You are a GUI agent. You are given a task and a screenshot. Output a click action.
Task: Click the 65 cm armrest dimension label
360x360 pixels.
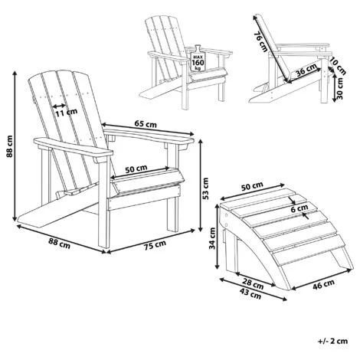pyautogui.click(x=146, y=124)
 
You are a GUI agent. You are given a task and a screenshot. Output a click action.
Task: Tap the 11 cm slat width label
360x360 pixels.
pyautogui.click(x=67, y=113)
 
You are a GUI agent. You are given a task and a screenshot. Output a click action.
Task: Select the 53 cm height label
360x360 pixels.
pyautogui.click(x=205, y=188)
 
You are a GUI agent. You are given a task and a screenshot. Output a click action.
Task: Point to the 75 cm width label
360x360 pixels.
pyautogui.click(x=155, y=246)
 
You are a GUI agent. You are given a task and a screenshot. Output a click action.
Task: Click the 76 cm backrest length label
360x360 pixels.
pyautogui.click(x=260, y=41)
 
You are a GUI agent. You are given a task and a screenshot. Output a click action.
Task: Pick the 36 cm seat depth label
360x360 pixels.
pyautogui.click(x=306, y=70)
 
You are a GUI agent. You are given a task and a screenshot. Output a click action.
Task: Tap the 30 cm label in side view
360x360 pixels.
pyautogui.click(x=339, y=88)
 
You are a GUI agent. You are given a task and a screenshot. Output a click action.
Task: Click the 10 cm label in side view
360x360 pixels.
pyautogui.click(x=338, y=66)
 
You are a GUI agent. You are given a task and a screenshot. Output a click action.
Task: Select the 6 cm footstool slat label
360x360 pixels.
pyautogui.click(x=299, y=209)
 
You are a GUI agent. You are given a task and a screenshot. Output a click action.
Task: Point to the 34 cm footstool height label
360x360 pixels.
pyautogui.click(x=212, y=238)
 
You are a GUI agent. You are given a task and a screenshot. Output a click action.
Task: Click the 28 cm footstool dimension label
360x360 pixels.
pyautogui.click(x=253, y=284)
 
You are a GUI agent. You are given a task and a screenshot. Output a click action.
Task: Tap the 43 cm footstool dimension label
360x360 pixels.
pyautogui.click(x=250, y=294)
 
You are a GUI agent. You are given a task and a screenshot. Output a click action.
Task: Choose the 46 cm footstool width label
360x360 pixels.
pyautogui.click(x=323, y=284)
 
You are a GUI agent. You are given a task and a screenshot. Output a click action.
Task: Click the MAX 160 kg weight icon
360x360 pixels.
pyautogui.click(x=197, y=59)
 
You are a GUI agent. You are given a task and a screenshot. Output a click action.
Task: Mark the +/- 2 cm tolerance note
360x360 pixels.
pyautogui.click(x=333, y=341)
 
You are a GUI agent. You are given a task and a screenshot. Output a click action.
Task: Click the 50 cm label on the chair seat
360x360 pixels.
pyautogui.click(x=136, y=169)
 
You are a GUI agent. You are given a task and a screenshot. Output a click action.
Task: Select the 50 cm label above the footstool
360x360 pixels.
pyautogui.click(x=252, y=186)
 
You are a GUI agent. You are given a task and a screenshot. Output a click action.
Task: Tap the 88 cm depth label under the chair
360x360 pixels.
pyautogui.click(x=59, y=243)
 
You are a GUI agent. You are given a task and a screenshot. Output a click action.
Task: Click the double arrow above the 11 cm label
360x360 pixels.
pyautogui.click(x=59, y=105)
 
